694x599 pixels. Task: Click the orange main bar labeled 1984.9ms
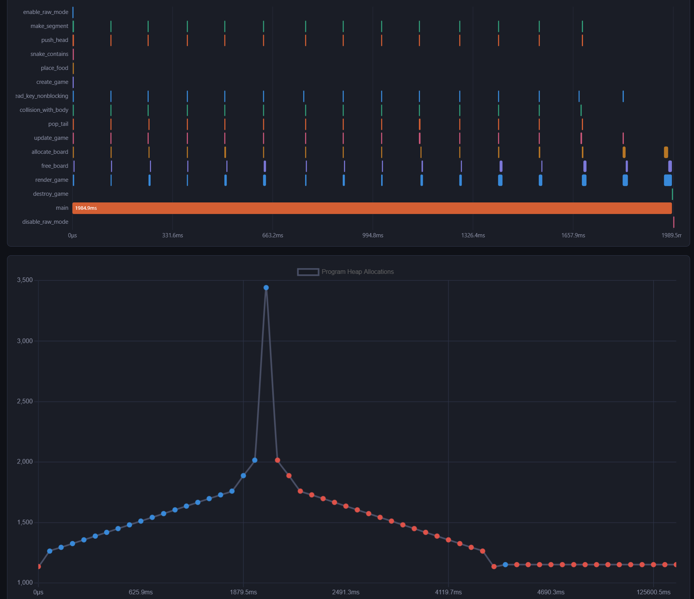[372, 208]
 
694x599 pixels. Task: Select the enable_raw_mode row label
[45, 12]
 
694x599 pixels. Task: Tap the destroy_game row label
[50, 194]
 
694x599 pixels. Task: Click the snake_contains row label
[49, 54]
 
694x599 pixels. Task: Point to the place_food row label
[54, 68]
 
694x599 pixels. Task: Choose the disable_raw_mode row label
[45, 222]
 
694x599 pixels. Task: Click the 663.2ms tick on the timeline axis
[272, 235]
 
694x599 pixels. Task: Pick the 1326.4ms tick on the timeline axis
[473, 235]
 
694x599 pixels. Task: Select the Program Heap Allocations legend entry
[345, 272]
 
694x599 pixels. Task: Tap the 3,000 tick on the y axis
[25, 341]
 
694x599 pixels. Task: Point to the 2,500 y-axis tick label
[25, 401]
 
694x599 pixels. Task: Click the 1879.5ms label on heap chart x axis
[243, 592]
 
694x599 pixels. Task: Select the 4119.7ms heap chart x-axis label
[448, 592]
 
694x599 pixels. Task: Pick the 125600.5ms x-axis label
[653, 592]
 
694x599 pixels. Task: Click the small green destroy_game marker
[672, 194]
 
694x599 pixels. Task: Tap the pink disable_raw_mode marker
[673, 222]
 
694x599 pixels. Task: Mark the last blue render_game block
[668, 180]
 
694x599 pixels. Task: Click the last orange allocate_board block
[666, 152]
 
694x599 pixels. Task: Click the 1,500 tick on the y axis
[25, 522]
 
